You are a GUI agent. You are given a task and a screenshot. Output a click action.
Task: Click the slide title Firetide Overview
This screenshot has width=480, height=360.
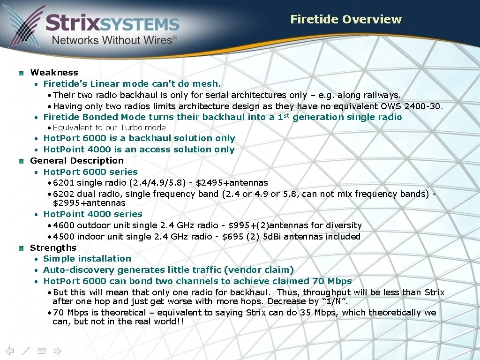tap(345, 19)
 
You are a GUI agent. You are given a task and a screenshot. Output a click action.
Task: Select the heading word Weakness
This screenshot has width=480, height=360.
tap(54, 73)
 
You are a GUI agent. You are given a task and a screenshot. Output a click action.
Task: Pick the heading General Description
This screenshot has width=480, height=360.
tap(77, 161)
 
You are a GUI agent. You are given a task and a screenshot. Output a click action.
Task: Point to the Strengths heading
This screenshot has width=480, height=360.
tap(53, 248)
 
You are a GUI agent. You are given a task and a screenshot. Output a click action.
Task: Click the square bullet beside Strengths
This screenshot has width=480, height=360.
tap(21, 248)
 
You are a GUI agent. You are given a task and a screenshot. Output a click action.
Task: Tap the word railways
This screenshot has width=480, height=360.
tap(382, 95)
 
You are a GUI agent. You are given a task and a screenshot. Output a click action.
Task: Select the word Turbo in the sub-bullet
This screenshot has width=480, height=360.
tap(129, 127)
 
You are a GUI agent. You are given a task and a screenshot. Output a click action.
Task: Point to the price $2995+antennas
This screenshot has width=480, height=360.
tap(89, 203)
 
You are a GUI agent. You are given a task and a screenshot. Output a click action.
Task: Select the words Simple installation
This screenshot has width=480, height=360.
tap(87, 259)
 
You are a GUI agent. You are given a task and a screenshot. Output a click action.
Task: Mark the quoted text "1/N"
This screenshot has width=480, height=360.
tap(334, 301)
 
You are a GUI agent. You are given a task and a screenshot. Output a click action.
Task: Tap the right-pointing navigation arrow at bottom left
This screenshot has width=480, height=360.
tap(57, 350)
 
